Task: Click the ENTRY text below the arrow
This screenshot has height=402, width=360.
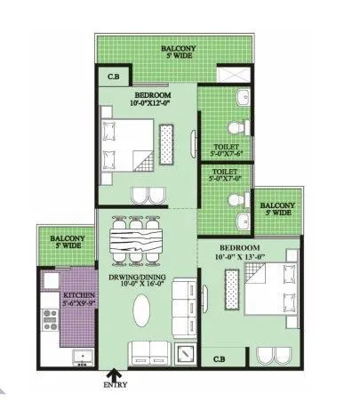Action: tap(116, 385)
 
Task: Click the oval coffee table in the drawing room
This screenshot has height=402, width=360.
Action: tap(141, 310)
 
